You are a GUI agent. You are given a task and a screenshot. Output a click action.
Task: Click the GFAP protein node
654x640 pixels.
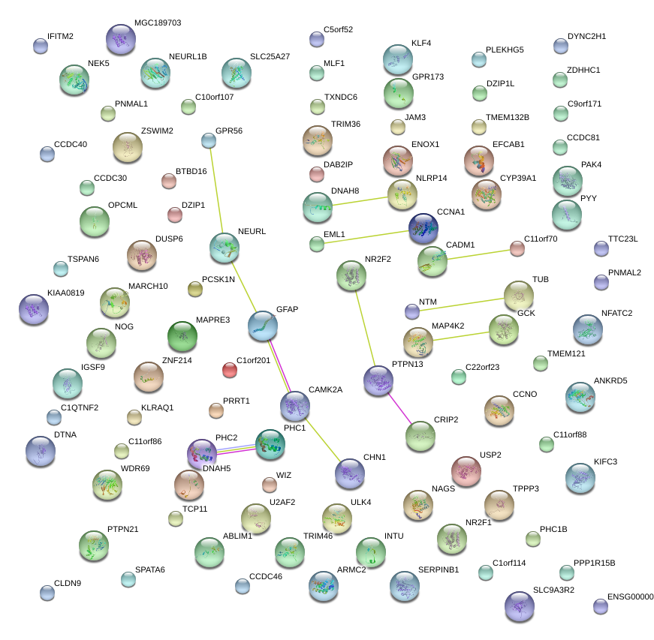coord(263,326)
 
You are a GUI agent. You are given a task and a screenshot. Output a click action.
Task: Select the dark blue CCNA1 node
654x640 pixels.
coord(424,228)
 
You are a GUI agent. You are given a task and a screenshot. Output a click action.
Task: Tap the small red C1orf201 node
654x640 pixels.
coord(230,370)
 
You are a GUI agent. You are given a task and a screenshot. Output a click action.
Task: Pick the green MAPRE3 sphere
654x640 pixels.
coord(182,336)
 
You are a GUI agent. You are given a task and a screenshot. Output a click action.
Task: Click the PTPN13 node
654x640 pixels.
coord(378,381)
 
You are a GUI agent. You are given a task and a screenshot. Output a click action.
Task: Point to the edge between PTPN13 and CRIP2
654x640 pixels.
coord(399,407)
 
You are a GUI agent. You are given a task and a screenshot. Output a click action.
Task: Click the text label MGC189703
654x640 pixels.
coord(158,23)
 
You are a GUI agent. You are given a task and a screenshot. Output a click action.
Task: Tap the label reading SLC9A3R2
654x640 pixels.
coord(553,590)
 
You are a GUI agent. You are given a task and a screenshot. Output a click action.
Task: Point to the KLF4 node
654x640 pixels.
coord(398,59)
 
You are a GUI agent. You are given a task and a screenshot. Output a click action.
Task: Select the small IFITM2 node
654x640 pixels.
coord(41,46)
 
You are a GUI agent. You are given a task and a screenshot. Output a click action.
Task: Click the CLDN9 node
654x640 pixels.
coord(47,593)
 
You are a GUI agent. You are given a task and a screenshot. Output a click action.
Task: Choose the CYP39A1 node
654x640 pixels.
coord(487,195)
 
